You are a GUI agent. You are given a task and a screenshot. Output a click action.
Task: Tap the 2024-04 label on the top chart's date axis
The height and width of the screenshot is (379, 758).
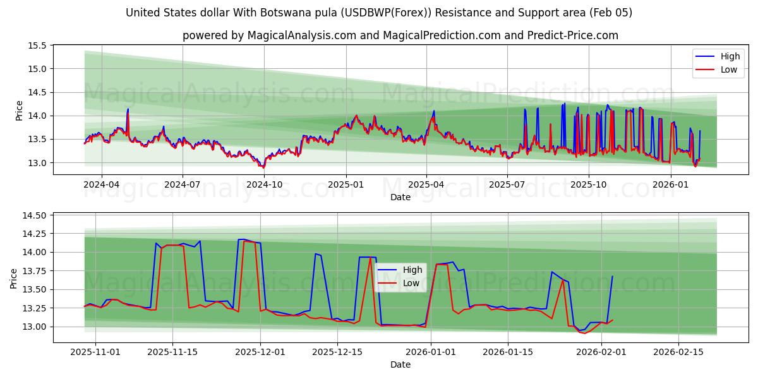click(101, 184)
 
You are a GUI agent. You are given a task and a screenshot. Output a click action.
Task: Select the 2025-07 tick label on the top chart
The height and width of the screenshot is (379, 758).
click(507, 184)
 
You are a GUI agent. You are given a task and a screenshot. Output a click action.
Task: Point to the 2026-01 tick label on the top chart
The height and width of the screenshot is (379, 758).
click(670, 184)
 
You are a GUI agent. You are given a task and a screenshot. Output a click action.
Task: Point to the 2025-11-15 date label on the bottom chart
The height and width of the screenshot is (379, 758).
click(172, 352)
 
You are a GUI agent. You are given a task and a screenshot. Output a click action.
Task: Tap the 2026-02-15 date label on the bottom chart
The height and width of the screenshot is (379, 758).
click(678, 352)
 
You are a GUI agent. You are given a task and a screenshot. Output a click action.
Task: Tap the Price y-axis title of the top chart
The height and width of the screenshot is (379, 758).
click(19, 110)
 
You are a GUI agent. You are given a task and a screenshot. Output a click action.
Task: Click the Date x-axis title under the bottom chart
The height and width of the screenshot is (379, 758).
click(400, 364)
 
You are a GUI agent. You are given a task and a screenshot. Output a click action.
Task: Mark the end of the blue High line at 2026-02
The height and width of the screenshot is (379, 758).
click(612, 276)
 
